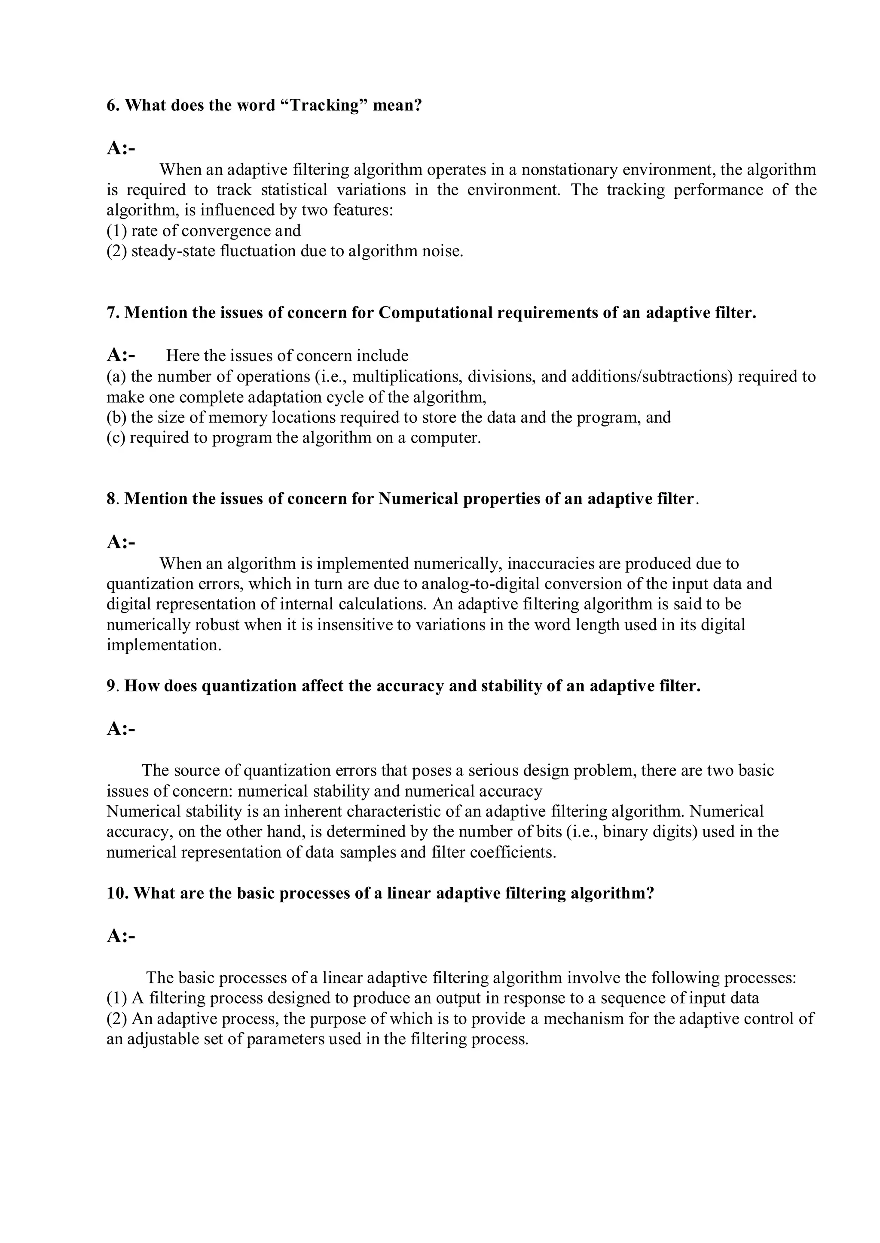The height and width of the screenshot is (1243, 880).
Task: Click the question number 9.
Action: [111, 686]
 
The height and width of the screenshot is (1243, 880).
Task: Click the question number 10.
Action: [117, 893]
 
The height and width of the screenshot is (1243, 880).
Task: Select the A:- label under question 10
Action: [121, 936]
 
